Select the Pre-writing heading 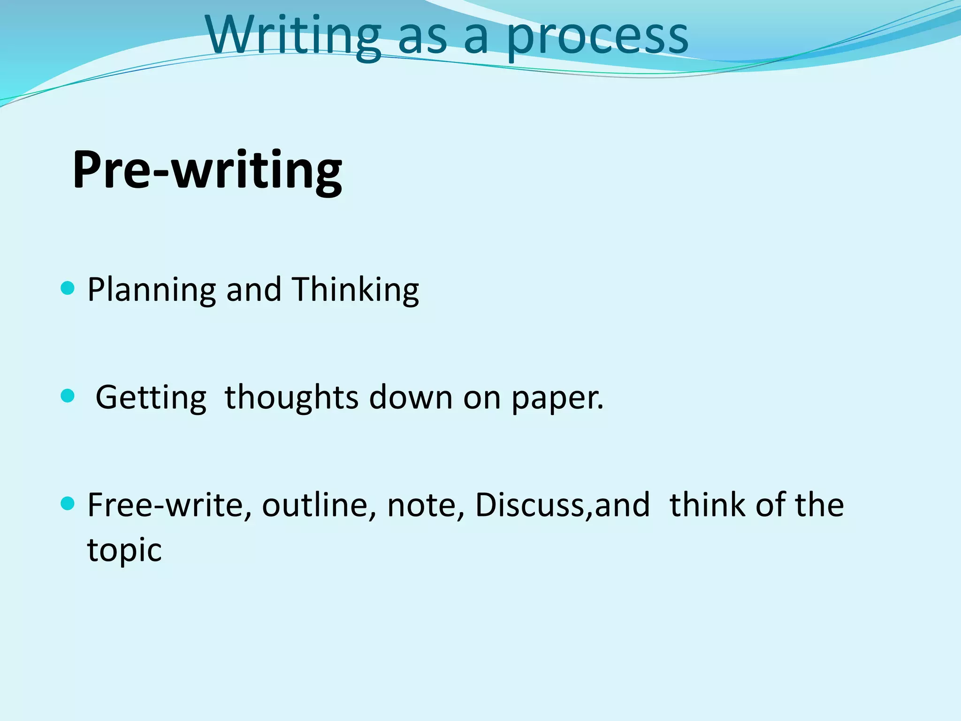pyautogui.click(x=207, y=170)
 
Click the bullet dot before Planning pyautogui.click(x=68, y=288)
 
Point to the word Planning pyautogui.click(x=152, y=290)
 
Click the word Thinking pyautogui.click(x=355, y=289)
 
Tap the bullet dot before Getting pyautogui.click(x=68, y=396)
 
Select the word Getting pyautogui.click(x=151, y=398)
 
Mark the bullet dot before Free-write pyautogui.click(x=68, y=504)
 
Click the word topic pyautogui.click(x=124, y=550)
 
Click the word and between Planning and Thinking pyautogui.click(x=254, y=289)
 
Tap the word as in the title pyautogui.click(x=422, y=38)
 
